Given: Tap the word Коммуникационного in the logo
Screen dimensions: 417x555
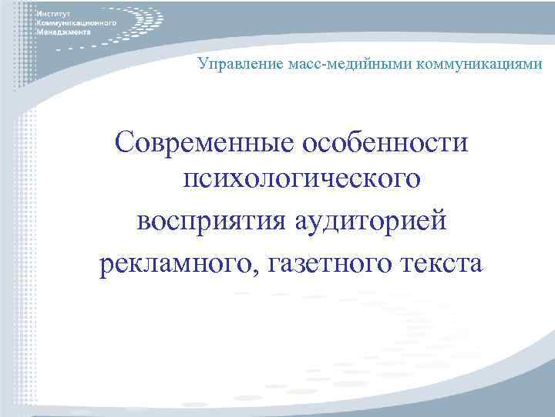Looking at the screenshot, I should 76,24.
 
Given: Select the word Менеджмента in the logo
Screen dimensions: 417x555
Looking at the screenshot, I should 63,33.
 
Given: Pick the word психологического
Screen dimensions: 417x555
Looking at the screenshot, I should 301,182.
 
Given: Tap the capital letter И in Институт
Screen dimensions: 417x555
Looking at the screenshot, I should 39,15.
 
